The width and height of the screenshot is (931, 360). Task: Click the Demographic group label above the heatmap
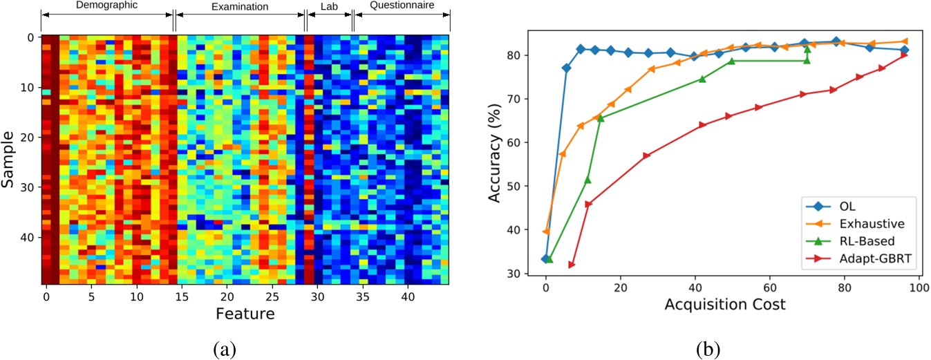point(106,6)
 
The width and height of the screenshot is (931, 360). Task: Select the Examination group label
point(239,6)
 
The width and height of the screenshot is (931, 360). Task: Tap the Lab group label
point(329,6)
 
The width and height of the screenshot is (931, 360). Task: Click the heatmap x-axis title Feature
point(245,314)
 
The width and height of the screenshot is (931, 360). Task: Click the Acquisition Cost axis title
point(725,304)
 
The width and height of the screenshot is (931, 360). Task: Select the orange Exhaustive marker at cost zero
point(547,231)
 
